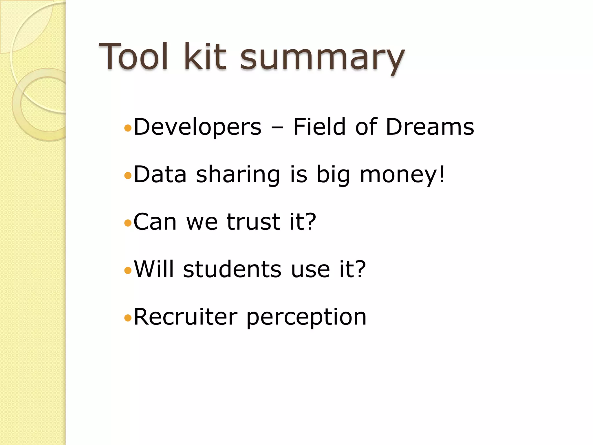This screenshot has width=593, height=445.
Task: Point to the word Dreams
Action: (430, 127)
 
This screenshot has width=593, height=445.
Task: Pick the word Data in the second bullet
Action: (160, 174)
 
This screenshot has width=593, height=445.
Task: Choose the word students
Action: (232, 269)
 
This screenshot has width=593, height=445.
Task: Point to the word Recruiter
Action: (186, 317)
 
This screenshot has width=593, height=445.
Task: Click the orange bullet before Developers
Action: (128, 128)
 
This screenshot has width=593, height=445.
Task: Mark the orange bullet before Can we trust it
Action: (128, 223)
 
